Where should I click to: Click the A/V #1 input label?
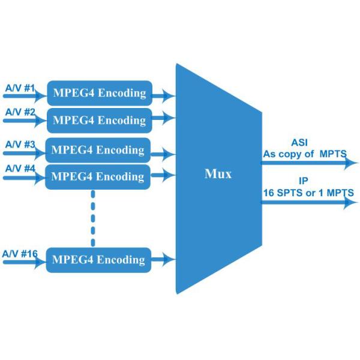click(x=20, y=88)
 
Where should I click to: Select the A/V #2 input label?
click(x=20, y=112)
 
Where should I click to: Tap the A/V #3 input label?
click(x=20, y=145)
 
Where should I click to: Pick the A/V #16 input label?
click(x=20, y=254)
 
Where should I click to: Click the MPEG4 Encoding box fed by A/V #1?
click(x=99, y=93)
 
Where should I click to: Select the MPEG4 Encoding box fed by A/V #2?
click(x=99, y=120)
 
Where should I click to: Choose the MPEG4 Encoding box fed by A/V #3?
click(x=98, y=149)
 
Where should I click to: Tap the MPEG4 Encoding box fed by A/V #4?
click(x=98, y=176)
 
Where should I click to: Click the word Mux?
click(x=218, y=175)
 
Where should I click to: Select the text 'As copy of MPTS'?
click(x=305, y=154)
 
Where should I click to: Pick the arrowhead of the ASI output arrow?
click(x=352, y=163)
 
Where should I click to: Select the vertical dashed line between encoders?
click(x=93, y=218)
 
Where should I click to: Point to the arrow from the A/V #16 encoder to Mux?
click(x=164, y=260)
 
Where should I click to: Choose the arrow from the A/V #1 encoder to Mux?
click(x=164, y=94)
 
